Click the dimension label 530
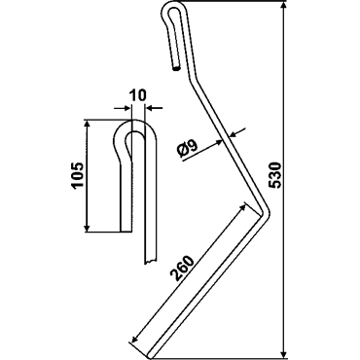coord(275,175)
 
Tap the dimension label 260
coord(182,269)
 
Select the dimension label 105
coord(78,175)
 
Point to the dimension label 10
coord(137,95)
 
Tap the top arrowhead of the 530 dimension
coord(284,6)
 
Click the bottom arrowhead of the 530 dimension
coord(284,352)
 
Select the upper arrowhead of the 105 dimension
coord(87,125)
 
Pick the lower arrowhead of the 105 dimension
coord(87,227)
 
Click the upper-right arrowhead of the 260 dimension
coord(241,206)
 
